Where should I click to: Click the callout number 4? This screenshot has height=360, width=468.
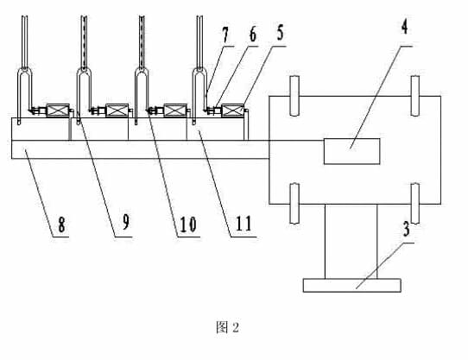(x=404, y=28)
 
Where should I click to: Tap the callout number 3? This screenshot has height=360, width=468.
(x=406, y=230)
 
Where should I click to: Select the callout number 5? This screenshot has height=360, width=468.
(x=280, y=33)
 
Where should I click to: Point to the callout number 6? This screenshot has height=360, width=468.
(x=252, y=35)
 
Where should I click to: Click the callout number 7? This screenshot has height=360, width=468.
(x=225, y=35)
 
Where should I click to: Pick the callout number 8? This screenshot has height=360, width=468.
(x=61, y=225)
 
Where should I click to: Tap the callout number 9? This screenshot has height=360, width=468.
(x=126, y=223)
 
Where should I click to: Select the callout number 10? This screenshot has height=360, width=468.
(x=187, y=224)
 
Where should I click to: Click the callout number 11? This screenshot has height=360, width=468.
(x=243, y=224)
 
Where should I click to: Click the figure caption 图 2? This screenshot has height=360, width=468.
(x=227, y=328)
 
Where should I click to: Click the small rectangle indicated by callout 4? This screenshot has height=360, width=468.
(x=352, y=151)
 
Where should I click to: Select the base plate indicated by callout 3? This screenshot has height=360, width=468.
(x=352, y=286)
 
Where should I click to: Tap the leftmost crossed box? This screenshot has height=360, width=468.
(x=58, y=111)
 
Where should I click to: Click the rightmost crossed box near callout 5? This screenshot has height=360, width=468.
(x=233, y=111)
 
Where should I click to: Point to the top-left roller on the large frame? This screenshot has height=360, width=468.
(x=294, y=96)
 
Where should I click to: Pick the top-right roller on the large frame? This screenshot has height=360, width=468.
(x=415, y=96)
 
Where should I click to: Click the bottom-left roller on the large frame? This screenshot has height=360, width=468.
(x=294, y=203)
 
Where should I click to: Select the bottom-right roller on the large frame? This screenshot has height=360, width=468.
(x=415, y=203)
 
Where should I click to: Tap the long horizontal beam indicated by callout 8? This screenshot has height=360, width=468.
(x=140, y=149)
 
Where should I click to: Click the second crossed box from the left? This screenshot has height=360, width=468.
(x=117, y=111)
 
